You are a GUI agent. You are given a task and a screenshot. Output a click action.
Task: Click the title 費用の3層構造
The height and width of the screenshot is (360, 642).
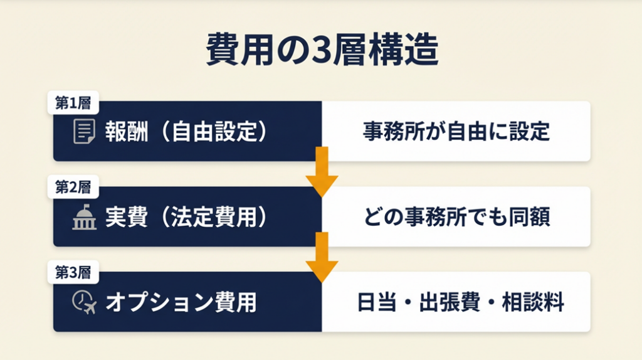322,50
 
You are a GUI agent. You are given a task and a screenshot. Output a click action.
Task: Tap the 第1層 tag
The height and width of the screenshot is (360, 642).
73,102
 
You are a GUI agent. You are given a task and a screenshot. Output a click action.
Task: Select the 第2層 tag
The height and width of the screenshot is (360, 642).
73,187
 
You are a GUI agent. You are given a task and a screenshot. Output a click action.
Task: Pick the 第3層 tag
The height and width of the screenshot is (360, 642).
73,272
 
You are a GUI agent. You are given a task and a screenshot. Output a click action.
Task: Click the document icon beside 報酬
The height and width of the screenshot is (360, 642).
84,131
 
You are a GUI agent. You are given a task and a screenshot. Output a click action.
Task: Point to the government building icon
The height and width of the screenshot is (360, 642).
85,216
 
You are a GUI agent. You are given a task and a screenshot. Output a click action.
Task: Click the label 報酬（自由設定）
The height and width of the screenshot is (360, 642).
187,132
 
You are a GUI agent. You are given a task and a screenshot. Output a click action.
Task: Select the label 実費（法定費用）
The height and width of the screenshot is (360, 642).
187,216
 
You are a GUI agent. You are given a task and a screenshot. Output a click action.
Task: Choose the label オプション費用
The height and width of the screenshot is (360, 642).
181,302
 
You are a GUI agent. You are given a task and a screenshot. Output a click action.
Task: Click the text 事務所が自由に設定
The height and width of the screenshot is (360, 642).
456,132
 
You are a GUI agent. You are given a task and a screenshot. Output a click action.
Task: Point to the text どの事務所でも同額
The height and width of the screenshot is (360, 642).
456,216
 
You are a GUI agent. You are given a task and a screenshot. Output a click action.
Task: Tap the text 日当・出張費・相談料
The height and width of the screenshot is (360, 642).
460,302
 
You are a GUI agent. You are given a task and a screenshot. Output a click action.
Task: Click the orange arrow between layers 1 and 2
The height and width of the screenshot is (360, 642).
322,172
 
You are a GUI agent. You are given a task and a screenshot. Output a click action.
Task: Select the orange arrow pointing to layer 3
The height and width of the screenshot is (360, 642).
322,257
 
